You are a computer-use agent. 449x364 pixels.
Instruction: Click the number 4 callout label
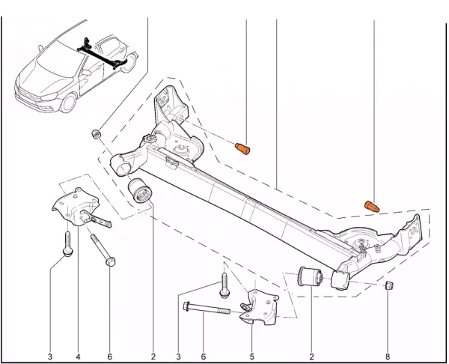point(78,357)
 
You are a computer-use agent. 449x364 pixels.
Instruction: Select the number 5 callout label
point(251,357)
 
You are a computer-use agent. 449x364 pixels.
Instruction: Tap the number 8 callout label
point(388,357)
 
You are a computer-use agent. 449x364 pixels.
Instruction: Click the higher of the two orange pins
point(242,149)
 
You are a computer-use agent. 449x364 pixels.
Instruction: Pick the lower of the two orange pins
point(372,207)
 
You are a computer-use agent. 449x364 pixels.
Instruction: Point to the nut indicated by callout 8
point(389,285)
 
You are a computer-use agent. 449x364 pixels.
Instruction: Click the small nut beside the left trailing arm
point(96,134)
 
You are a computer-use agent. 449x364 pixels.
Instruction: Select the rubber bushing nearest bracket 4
point(141,191)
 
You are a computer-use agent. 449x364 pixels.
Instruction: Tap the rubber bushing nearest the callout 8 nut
point(310,276)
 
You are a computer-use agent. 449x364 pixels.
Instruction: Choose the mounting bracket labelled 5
point(259,307)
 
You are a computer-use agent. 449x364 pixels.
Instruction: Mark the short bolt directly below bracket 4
point(67,243)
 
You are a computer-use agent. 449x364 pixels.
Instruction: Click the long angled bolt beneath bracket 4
point(103,250)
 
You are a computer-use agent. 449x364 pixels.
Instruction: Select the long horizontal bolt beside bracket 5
point(207,308)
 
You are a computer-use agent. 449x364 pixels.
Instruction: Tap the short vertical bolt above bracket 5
point(224,285)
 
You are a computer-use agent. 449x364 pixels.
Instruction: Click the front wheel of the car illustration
point(68,103)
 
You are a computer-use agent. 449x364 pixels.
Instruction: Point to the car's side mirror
point(86,72)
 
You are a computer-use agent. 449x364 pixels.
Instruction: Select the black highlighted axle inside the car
point(102,54)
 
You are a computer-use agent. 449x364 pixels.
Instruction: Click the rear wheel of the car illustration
point(128,62)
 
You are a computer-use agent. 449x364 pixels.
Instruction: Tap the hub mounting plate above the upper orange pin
point(171,105)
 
